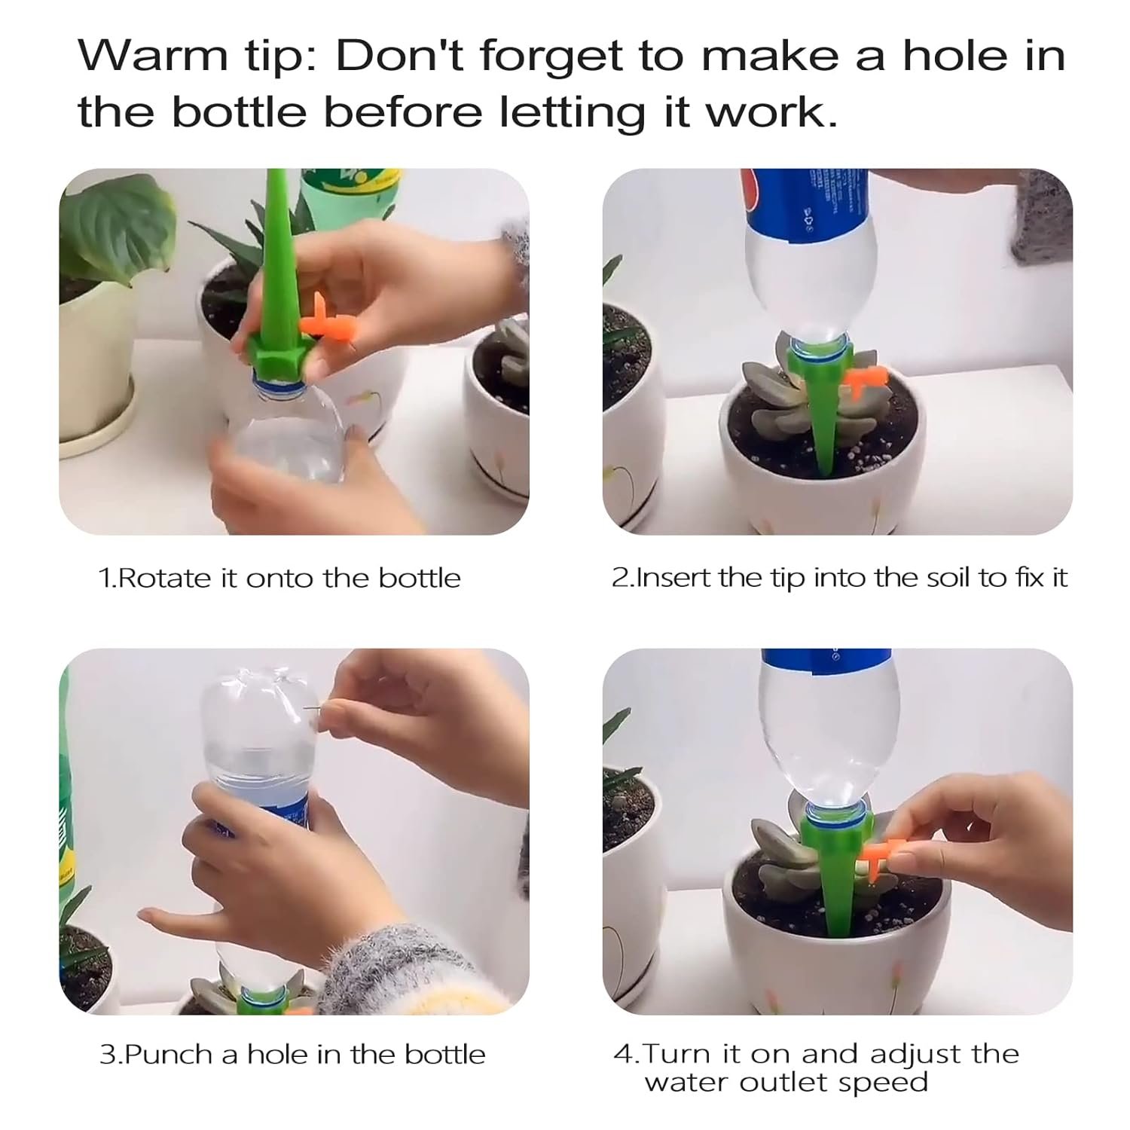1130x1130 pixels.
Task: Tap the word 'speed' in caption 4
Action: click(889, 1083)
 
